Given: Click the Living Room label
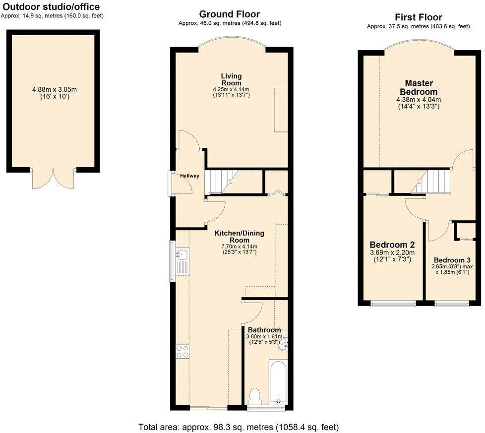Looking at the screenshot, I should point(231,79).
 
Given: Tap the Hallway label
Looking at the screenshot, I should point(189,176).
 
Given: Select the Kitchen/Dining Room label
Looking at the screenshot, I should point(239,237).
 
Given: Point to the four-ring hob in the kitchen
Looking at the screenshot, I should point(182,351).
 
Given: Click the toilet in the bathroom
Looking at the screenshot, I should point(256,397).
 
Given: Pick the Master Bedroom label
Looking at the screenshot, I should point(419,88).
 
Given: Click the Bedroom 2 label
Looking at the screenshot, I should point(392,245).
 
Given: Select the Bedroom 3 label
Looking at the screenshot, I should point(451,260).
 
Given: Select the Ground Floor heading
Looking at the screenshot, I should point(229,14).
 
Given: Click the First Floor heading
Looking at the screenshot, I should point(418,17).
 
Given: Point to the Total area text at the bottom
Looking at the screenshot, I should point(239,427).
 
